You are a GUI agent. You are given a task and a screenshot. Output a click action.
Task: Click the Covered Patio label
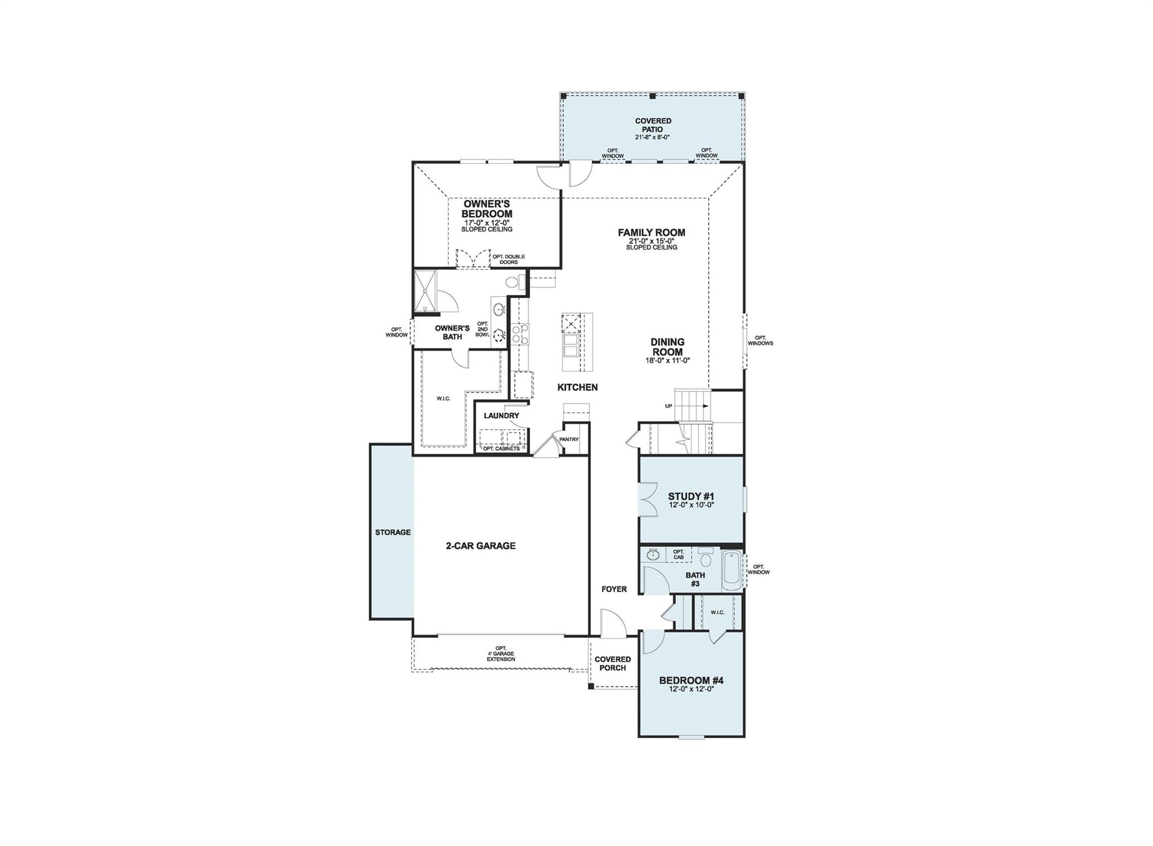coord(653,125)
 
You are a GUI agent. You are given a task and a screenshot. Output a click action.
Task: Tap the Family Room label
coord(651,232)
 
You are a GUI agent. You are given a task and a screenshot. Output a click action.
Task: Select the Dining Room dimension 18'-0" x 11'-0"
coord(668,361)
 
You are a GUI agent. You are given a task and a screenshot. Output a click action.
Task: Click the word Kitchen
coord(577,387)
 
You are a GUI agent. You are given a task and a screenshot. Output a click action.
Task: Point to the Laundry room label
coord(501,415)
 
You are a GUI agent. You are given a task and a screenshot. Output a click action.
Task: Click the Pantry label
coord(569,440)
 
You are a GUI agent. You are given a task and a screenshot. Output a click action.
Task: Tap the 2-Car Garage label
coord(481,545)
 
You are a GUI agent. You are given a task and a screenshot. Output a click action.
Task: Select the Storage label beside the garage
coord(393,532)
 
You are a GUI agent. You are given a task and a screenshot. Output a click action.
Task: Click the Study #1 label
coord(691,496)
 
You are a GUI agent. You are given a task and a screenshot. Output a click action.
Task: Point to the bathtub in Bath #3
coord(732,570)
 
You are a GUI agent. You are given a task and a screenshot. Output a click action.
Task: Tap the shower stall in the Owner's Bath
coord(426,290)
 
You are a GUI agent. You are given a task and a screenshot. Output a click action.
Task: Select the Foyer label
coord(614,589)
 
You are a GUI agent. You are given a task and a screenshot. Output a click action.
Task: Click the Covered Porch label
coord(613,664)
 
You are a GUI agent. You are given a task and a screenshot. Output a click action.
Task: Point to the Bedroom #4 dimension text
coord(691,689)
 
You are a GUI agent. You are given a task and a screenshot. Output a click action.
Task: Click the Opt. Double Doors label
coord(508,259)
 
